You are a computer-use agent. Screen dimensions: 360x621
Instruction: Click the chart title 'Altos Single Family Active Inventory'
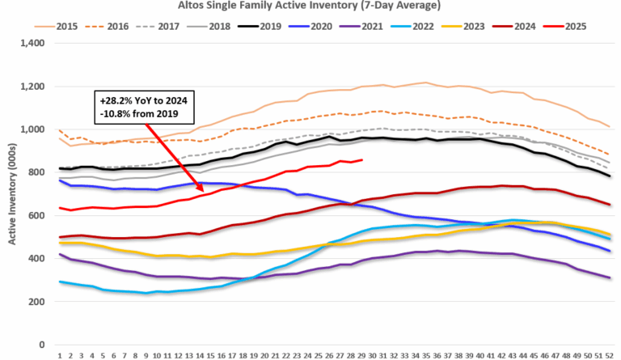coord(311,6)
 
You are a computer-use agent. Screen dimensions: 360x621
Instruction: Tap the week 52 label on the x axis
coord(607,354)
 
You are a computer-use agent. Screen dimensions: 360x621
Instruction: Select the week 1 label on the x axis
coord(61,354)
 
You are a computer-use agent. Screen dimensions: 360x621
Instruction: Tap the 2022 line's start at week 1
coord(61,282)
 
